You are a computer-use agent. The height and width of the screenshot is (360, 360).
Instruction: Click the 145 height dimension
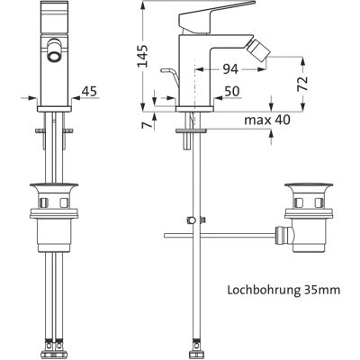tap(143, 56)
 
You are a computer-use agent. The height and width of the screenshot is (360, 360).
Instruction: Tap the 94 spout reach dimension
tap(230, 69)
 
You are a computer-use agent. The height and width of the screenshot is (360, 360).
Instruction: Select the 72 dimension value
tap(303, 84)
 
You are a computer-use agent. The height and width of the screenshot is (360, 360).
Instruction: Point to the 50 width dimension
tap(232, 92)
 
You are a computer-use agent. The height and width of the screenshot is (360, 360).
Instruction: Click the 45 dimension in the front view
tap(90, 92)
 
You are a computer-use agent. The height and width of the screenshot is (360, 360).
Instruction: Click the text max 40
tap(267, 120)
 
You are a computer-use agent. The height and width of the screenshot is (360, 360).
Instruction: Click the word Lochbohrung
tap(264, 291)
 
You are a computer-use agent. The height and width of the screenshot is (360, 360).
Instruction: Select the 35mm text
tap(322, 291)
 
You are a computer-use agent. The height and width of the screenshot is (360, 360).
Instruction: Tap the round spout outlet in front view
tap(54, 56)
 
